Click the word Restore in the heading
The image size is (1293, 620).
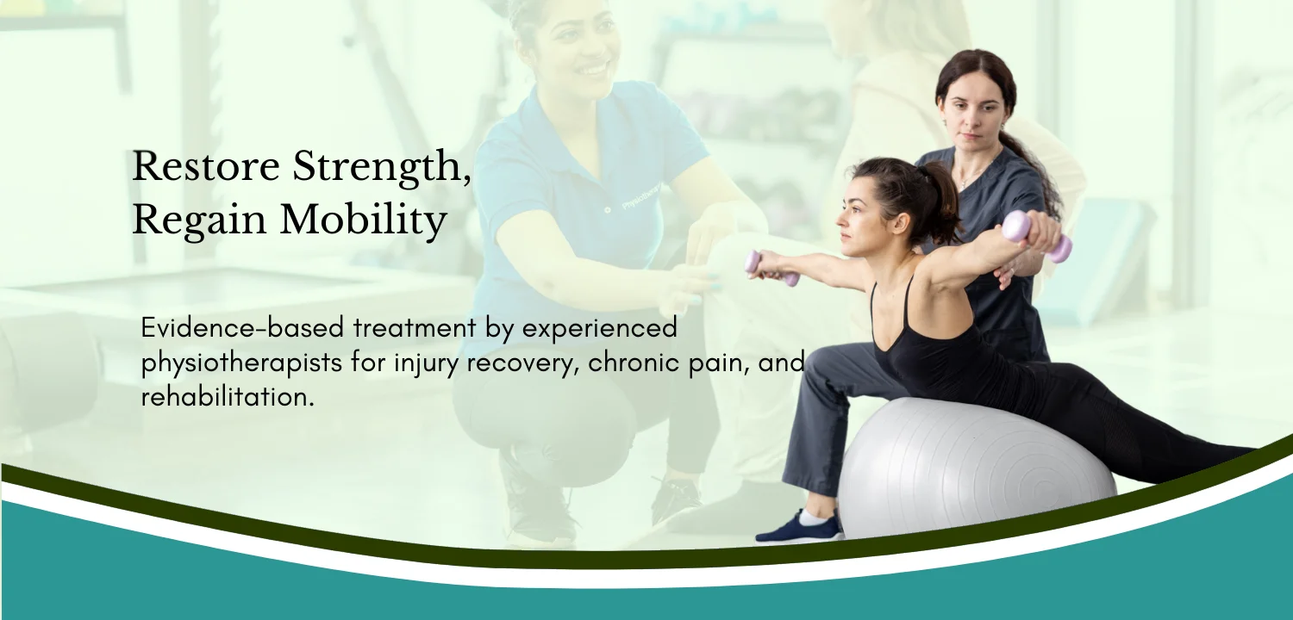(206, 166)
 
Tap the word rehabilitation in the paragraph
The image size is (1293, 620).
(228, 397)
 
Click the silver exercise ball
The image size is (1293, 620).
(976, 468)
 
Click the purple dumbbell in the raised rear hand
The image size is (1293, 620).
(1037, 236)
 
